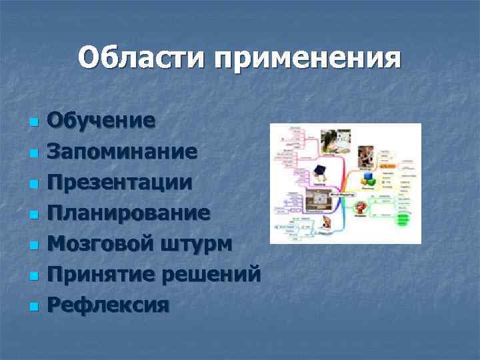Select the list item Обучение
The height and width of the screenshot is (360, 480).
click(x=102, y=121)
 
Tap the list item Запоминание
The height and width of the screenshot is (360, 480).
click(x=122, y=152)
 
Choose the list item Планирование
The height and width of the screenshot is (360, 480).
click(x=129, y=213)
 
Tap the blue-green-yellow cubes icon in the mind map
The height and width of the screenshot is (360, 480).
click(x=368, y=179)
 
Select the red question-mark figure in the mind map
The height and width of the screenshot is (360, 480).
click(x=361, y=207)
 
